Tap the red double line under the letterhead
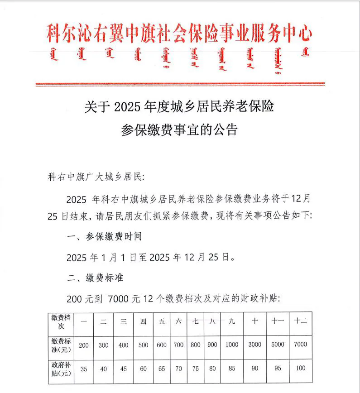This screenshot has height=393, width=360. [180, 84]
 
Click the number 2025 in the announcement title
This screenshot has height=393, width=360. [129, 107]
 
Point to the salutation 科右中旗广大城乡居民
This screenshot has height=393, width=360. [95, 176]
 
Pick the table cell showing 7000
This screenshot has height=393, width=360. [300, 345]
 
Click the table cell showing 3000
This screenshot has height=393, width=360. [255, 345]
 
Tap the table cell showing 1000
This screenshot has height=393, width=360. [231, 345]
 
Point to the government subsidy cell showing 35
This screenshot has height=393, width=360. [83, 369]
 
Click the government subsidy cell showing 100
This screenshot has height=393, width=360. [300, 369]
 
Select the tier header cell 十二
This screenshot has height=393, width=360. [300, 321]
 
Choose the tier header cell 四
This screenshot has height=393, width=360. [143, 321]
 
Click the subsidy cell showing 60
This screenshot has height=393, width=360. [143, 369]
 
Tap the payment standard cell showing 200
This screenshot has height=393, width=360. [83, 345]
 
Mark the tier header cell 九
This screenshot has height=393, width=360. [231, 321]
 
